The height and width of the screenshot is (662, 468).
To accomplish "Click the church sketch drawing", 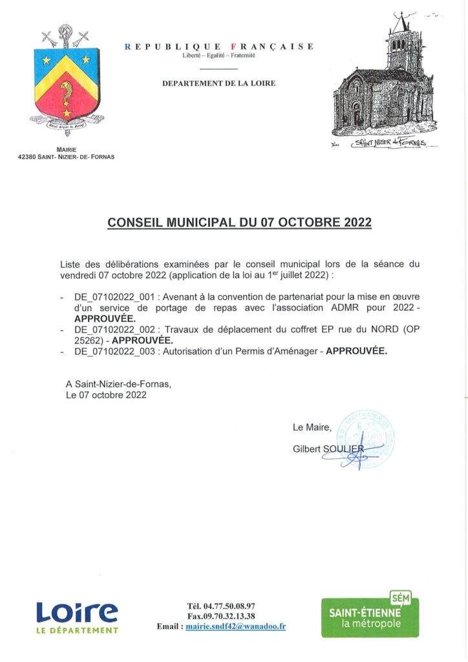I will pos(383,81).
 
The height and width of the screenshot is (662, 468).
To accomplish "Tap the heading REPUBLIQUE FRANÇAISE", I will pos(219,47).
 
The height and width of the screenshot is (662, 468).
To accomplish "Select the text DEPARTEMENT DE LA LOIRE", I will pos(218,83).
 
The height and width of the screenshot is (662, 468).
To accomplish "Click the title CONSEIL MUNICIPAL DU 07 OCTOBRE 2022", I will pos(239,222).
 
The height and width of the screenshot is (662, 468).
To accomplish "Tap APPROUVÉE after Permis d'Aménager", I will pos(356,352).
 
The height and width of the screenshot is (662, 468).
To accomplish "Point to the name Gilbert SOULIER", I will pos(328,449).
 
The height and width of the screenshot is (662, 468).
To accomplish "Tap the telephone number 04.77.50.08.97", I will pos(229,606).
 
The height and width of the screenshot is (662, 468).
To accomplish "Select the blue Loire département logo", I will pos(77,617).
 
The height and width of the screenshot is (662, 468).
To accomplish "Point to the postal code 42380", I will pos(30,156).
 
